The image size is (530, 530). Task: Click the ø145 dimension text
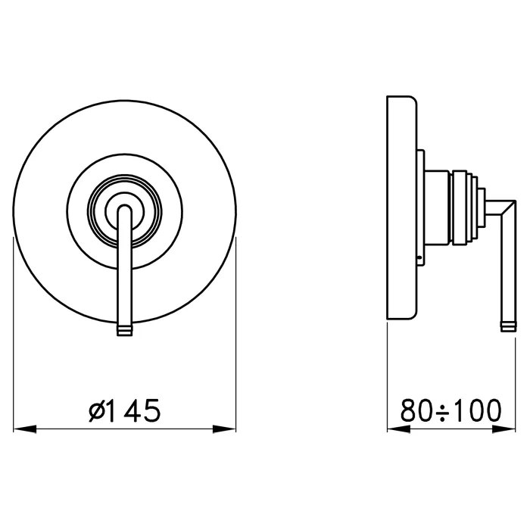pos(124,410)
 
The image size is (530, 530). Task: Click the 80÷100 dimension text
pos(451,410)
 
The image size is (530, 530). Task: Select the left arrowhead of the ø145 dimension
pos(24,429)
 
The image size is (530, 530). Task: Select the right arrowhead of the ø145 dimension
pos(224,429)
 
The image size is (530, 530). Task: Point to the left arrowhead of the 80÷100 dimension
pos(398,429)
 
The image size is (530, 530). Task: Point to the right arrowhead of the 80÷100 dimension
pos(504,429)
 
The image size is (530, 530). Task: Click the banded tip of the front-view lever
pos(125,330)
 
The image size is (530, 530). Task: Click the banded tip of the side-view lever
pos(508,326)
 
